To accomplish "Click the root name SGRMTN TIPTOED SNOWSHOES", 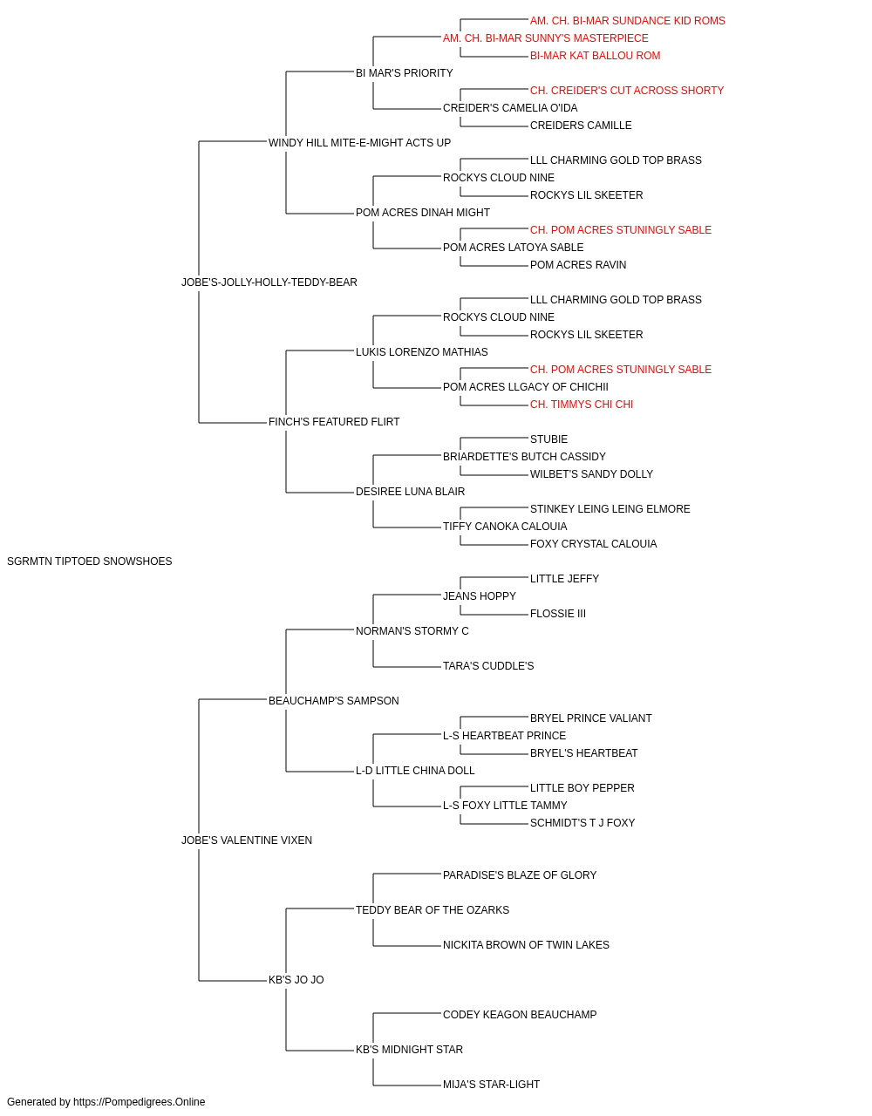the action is pyautogui.click(x=89, y=561).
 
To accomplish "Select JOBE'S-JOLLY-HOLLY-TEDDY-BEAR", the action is pyautogui.click(x=269, y=282).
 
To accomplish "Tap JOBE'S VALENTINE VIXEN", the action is pyautogui.click(x=247, y=840).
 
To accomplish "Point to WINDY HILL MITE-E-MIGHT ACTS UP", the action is pyautogui.click(x=359, y=143).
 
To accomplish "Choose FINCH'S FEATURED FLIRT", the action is pyautogui.click(x=334, y=422).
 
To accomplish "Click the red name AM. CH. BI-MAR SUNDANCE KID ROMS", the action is pyautogui.click(x=628, y=21).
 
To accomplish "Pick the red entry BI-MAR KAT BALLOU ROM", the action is pyautogui.click(x=596, y=56).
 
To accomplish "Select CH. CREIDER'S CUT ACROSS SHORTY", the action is pyautogui.click(x=627, y=91).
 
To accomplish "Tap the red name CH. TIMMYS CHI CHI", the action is pyautogui.click(x=582, y=405).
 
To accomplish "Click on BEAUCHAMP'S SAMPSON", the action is pyautogui.click(x=334, y=701).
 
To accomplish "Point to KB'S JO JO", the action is pyautogui.click(x=296, y=980).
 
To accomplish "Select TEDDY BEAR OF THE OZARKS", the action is pyautogui.click(x=433, y=910).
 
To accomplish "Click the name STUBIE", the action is pyautogui.click(x=549, y=439).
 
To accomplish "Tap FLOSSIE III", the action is pyautogui.click(x=558, y=614).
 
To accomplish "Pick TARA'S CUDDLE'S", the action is pyautogui.click(x=488, y=666).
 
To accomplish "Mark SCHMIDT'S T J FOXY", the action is pyautogui.click(x=582, y=823).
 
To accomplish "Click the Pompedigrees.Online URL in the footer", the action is pyautogui.click(x=140, y=1102).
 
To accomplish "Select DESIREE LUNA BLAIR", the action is pyautogui.click(x=411, y=492).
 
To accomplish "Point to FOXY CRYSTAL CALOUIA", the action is pyautogui.click(x=594, y=544).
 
